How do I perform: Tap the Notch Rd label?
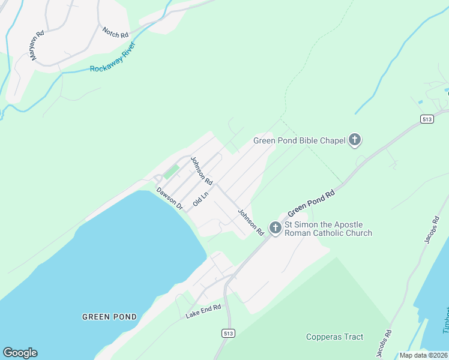(115, 32)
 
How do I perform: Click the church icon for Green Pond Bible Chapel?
(355, 140)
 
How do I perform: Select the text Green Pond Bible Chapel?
(299, 140)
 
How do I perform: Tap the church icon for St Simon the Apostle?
(275, 228)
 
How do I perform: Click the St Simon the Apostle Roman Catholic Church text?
(328, 229)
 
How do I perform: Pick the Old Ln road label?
(200, 199)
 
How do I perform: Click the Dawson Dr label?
(169, 198)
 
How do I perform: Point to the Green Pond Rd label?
(310, 204)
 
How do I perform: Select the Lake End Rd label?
(203, 310)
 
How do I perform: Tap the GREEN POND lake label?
(109, 316)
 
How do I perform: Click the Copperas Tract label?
(334, 337)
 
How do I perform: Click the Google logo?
(20, 353)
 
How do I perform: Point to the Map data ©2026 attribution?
(423, 355)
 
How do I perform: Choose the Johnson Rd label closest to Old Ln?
(201, 170)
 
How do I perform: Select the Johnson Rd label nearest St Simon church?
(250, 221)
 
